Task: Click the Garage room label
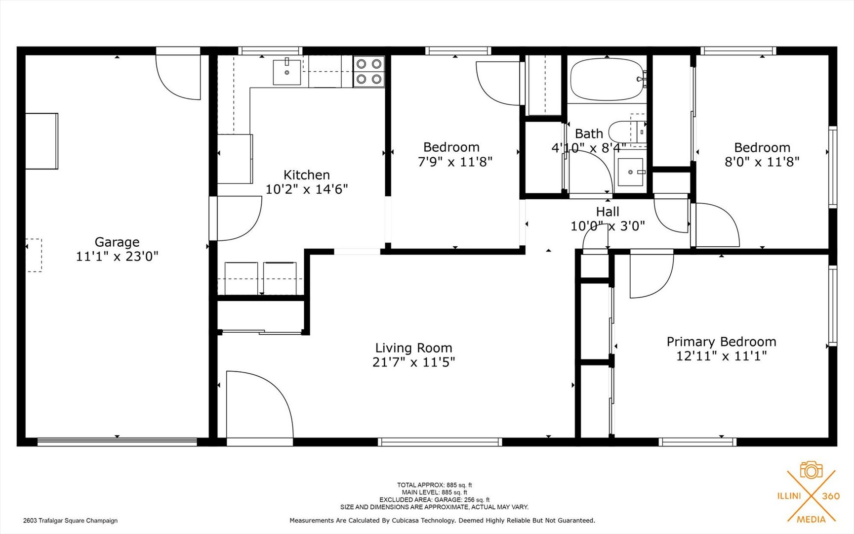click(x=117, y=242)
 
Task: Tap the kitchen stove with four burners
click(x=369, y=71)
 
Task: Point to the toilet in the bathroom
click(x=626, y=132)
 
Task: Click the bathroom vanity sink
click(x=631, y=172)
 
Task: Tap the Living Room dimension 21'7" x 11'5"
click(x=413, y=362)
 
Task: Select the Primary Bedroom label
click(x=721, y=342)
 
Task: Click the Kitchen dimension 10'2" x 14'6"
click(x=307, y=189)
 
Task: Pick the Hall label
click(x=608, y=212)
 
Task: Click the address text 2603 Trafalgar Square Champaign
click(x=70, y=520)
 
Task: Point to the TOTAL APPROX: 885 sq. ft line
click(x=434, y=485)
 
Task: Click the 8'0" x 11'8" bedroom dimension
click(x=762, y=162)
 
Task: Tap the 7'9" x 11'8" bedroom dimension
click(x=455, y=162)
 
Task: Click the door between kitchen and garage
click(x=237, y=218)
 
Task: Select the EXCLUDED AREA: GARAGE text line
click(x=434, y=500)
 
